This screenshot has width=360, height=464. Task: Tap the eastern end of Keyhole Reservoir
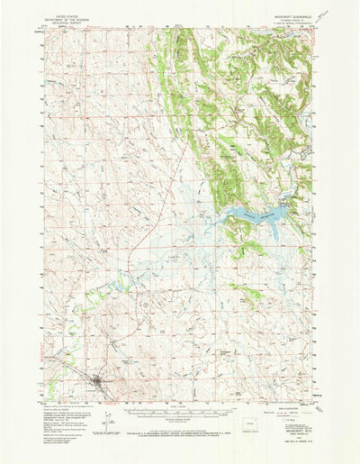[x=286, y=209]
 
